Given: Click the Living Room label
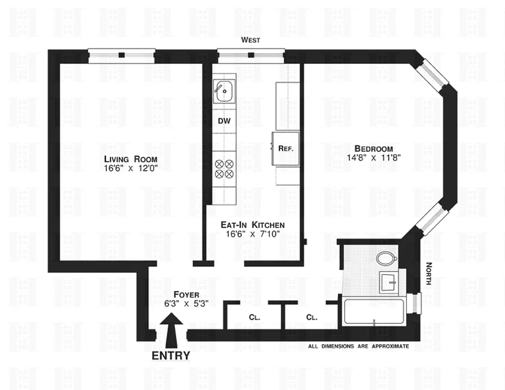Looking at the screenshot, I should click(x=131, y=159).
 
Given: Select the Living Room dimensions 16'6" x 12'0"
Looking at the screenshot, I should click(x=131, y=168).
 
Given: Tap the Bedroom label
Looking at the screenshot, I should click(x=373, y=149).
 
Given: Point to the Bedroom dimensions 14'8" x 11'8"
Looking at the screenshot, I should click(x=373, y=157).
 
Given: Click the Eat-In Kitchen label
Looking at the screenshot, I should click(x=252, y=225).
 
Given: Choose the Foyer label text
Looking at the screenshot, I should click(x=186, y=295).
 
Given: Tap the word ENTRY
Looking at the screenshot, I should click(x=171, y=356).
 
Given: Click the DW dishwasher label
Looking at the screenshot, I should click(x=224, y=120).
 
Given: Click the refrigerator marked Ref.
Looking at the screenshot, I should click(x=286, y=148).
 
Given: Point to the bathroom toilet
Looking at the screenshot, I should click(x=388, y=258).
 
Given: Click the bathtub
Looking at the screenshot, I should click(x=374, y=312).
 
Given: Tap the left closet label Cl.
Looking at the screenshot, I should click(x=254, y=317).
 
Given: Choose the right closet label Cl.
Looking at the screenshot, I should click(x=312, y=317).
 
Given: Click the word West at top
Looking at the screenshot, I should click(x=251, y=40).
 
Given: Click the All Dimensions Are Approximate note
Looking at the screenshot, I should click(x=358, y=347).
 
